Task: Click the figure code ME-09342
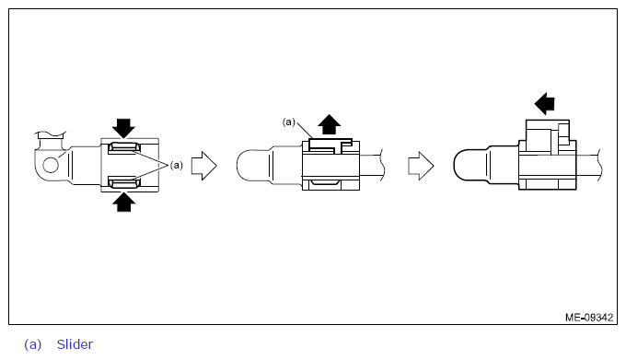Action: point(589,318)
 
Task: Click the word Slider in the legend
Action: point(75,344)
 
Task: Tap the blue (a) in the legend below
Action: point(33,344)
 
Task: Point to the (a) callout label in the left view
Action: point(177,165)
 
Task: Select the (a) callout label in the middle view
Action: point(289,122)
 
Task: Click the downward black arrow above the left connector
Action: point(123,128)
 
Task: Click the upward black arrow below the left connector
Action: point(123,202)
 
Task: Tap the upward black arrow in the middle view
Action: point(330,124)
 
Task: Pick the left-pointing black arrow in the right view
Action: point(545,104)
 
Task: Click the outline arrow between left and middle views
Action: point(204,166)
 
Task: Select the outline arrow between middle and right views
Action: point(421,166)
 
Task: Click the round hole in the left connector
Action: point(51,165)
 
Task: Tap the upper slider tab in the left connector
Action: point(124,148)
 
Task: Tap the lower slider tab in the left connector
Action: point(124,183)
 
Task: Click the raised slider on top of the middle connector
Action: point(330,145)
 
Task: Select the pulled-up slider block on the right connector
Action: point(548,135)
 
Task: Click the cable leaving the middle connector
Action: point(372,165)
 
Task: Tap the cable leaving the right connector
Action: point(589,165)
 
